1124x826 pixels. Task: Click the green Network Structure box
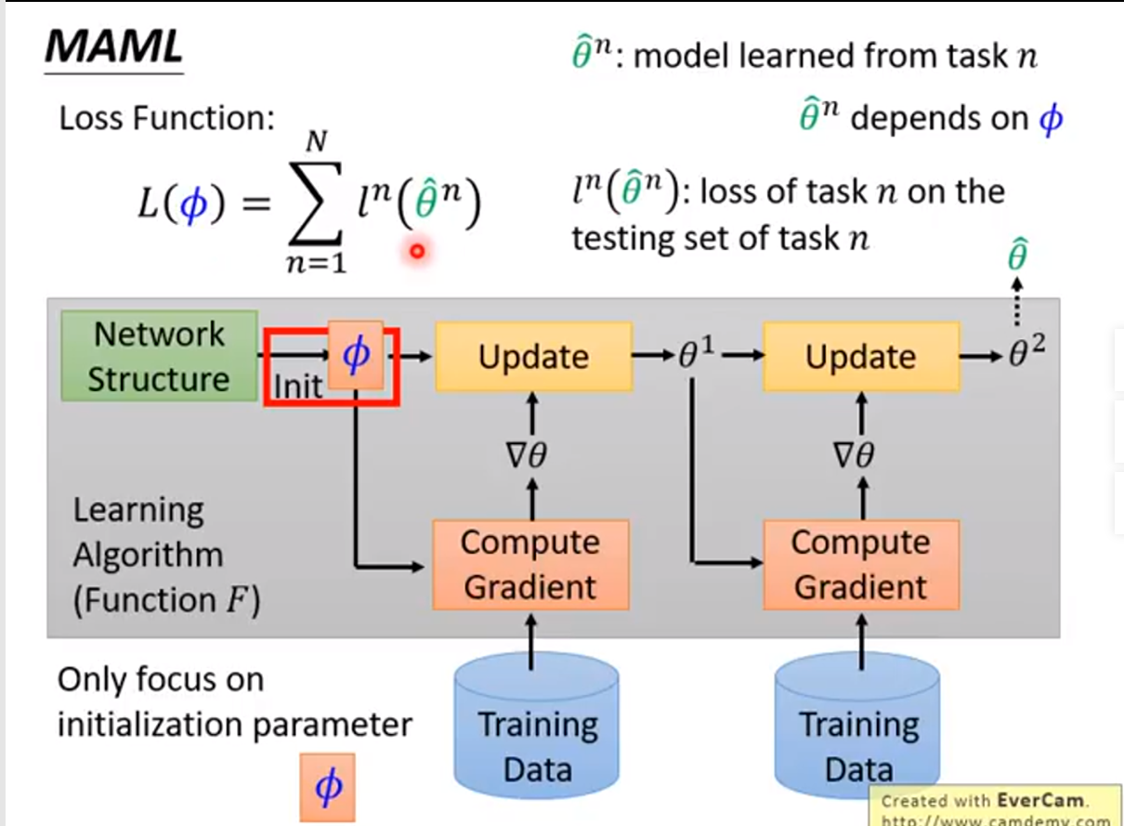tap(159, 357)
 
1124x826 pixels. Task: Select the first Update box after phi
tap(533, 357)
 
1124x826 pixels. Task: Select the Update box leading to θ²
tap(861, 357)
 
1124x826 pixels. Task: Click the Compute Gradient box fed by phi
tap(529, 565)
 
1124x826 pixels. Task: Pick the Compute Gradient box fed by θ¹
tap(860, 565)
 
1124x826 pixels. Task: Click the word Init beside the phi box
tap(298, 386)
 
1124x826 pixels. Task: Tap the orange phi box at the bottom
tap(328, 787)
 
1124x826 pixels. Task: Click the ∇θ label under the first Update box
tap(530, 455)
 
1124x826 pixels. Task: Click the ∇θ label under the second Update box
tap(859, 455)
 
